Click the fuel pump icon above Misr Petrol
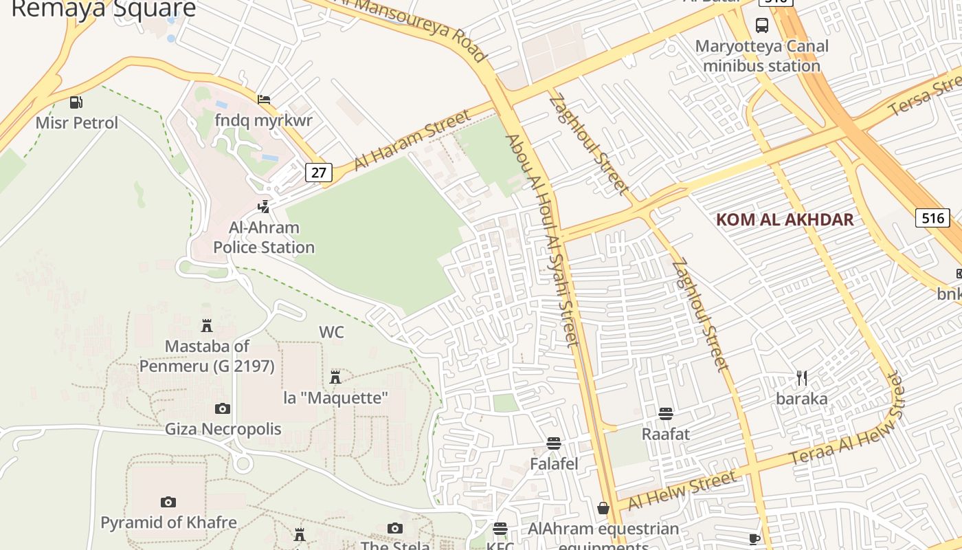coord(76,102)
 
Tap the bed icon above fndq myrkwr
coord(263,100)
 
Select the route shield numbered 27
coord(319,172)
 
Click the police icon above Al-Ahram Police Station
coord(263,206)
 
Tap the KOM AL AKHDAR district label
coord(785,220)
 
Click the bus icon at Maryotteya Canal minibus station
coord(762,25)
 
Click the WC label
coord(331,332)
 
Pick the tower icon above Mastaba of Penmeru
coord(207,325)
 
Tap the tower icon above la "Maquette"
coord(335,377)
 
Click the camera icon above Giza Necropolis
coord(223,409)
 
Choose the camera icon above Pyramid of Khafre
coord(168,502)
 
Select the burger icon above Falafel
coord(554,443)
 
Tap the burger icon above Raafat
coord(665,414)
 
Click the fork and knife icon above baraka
coord(801,377)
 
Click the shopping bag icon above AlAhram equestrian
coord(603,508)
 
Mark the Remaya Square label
coord(104,9)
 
